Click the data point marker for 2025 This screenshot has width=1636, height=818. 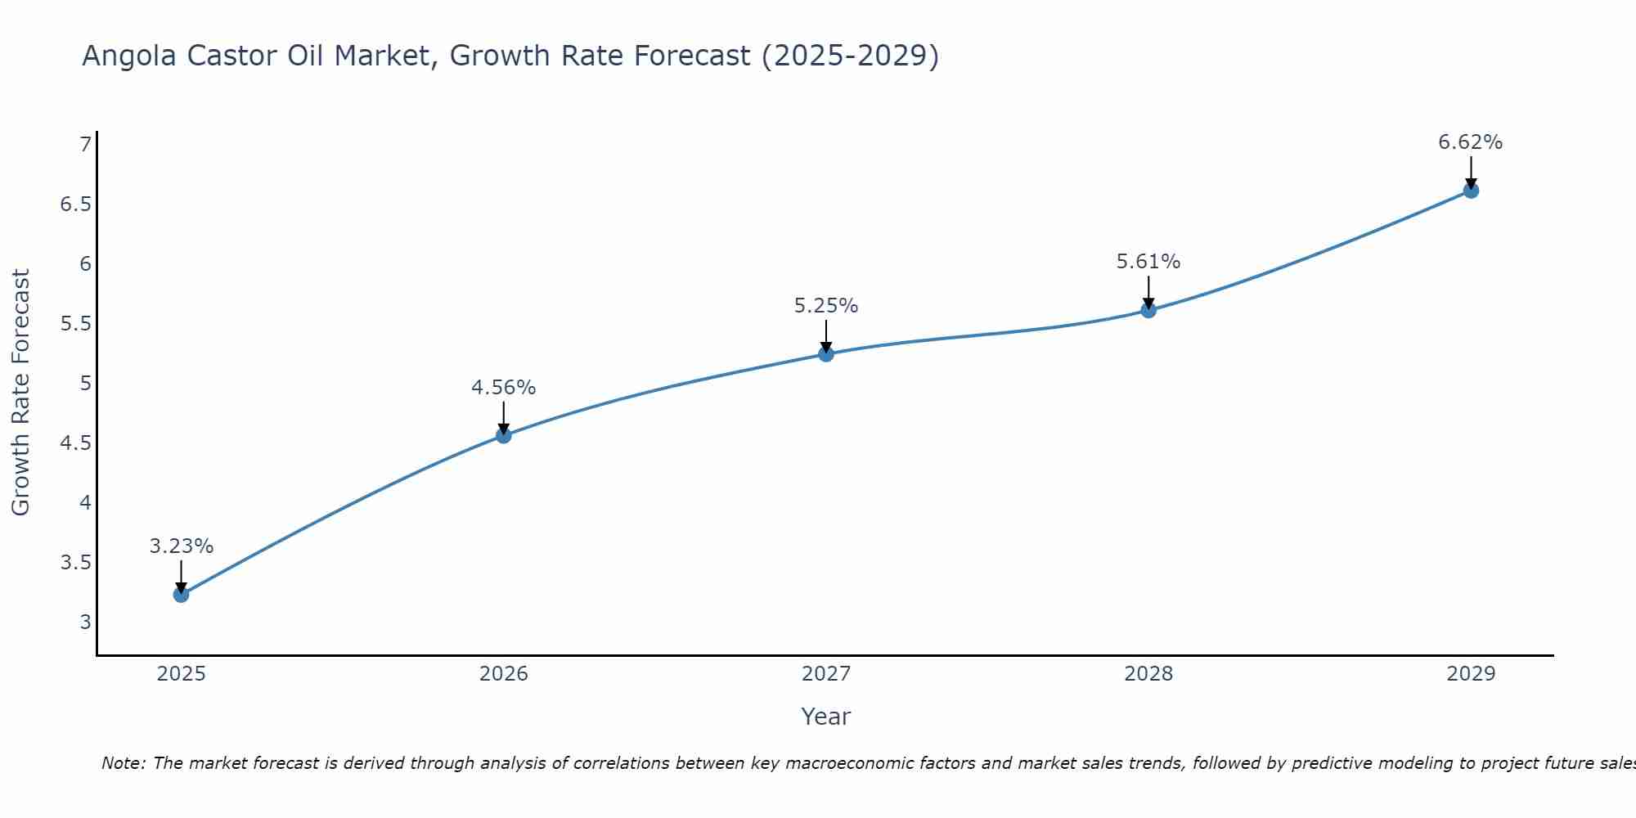[182, 595]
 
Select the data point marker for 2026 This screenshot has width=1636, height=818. [504, 435]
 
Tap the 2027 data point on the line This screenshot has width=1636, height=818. [826, 354]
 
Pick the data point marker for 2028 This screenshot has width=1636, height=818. [1148, 310]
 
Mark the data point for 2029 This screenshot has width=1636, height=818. [1471, 191]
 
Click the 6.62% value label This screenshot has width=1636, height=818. [1470, 142]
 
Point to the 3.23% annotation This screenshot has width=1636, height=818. [182, 546]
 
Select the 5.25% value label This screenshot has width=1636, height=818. [826, 306]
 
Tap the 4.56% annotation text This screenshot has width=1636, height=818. [504, 388]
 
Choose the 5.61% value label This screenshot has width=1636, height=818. [1148, 262]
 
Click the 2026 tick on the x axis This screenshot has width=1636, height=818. [504, 674]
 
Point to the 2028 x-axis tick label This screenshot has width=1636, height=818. [1148, 674]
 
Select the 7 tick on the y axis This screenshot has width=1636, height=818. [85, 145]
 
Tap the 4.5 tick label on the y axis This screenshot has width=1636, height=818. [75, 443]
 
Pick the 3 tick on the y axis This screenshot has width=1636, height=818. [85, 622]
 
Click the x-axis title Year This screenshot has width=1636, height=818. [826, 717]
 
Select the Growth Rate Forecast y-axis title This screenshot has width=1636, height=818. [20, 393]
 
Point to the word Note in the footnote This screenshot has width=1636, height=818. [122, 763]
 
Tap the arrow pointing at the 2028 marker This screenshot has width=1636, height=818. [1148, 291]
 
